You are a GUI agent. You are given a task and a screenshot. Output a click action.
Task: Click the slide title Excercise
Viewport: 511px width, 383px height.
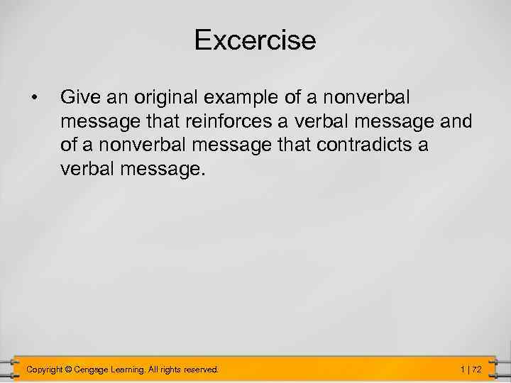255,40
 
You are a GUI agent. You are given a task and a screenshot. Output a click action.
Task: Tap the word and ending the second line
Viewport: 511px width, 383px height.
456,122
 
